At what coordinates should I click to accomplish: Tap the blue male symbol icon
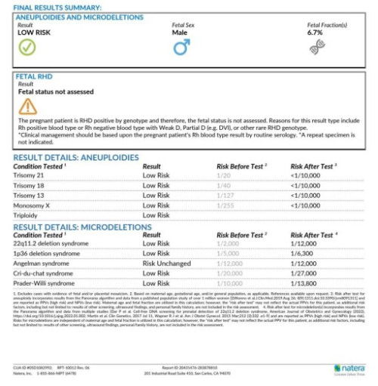[181, 48]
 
